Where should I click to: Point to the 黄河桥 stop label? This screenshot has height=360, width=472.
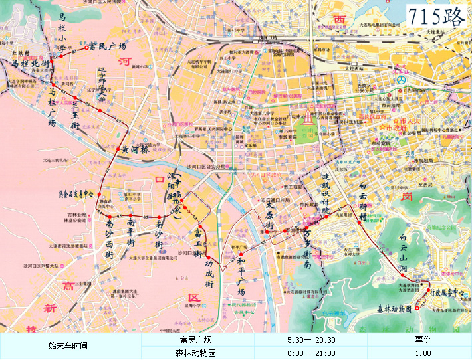[134, 149]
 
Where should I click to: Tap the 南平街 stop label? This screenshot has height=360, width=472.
[131, 234]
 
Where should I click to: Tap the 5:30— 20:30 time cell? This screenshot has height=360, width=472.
[311, 339]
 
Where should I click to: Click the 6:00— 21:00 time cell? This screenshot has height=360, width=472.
[311, 353]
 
